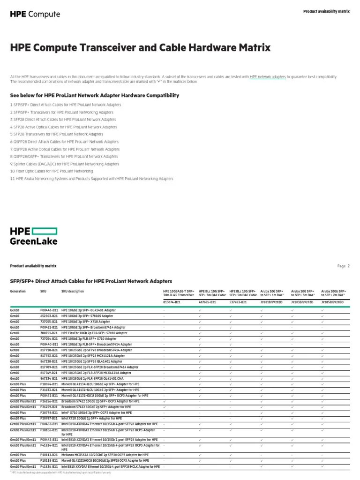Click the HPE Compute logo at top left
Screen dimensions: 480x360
tap(35, 14)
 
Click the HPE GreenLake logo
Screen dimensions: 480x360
tap(34, 236)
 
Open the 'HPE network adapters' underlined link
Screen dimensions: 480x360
tap(268, 76)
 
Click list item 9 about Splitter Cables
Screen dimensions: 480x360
tap(65, 164)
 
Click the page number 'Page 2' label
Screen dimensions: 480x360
tap(343, 266)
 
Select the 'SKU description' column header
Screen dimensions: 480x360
tap(73, 291)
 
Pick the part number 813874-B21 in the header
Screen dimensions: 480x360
tap(172, 302)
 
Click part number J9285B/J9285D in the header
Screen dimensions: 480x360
tap(332, 302)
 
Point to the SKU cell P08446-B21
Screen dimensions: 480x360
tap(49, 310)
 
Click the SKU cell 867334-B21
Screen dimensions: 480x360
tap(49, 378)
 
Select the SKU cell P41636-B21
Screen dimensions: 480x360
tap(49, 467)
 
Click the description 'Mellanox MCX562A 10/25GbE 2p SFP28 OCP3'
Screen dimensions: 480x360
tap(105, 455)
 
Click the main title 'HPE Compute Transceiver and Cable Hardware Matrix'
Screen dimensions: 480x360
tap(140, 48)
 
